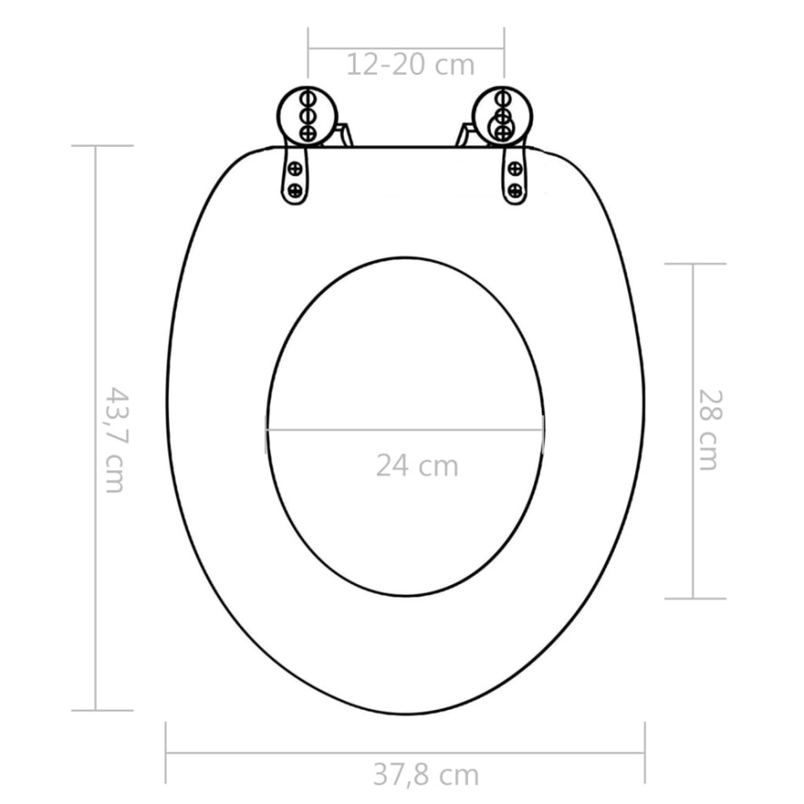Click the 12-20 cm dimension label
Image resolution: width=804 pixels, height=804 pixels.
(410, 65)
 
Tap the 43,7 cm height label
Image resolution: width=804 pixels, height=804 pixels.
(114, 439)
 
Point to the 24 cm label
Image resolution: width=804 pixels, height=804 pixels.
(416, 465)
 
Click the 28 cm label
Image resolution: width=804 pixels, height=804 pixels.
(709, 429)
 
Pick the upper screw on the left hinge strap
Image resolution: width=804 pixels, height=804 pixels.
(295, 169)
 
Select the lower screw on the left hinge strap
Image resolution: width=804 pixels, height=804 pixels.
(295, 189)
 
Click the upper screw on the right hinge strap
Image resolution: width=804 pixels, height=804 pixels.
(514, 169)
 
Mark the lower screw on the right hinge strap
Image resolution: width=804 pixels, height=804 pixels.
(514, 189)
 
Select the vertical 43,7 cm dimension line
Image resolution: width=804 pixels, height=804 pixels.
(95, 594)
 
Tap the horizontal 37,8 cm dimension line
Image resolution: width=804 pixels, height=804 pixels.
(297, 752)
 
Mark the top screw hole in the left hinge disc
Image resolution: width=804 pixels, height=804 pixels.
(308, 96)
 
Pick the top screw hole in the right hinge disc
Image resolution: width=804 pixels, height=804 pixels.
(503, 96)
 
